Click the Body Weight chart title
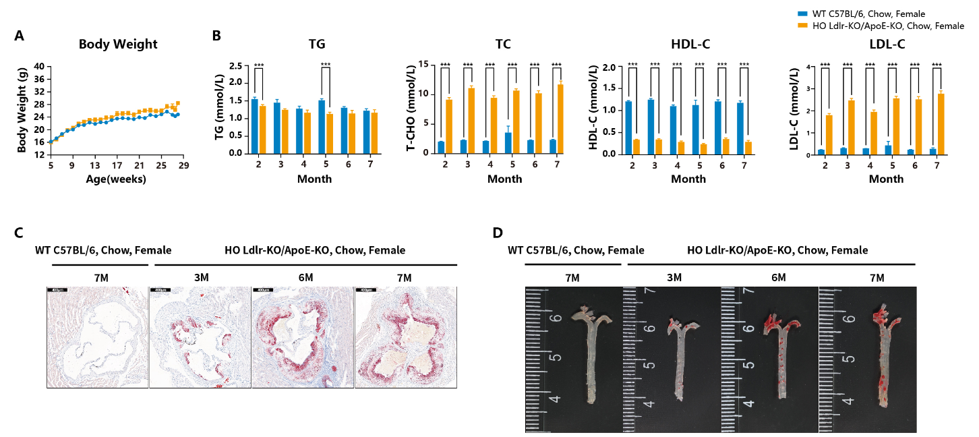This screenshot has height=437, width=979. (x=118, y=45)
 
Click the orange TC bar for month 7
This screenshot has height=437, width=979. (x=559, y=119)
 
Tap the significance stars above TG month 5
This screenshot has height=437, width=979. (x=326, y=65)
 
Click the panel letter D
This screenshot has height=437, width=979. (x=498, y=233)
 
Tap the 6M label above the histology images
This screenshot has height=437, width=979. (x=303, y=278)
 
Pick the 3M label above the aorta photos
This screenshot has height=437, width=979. (x=674, y=278)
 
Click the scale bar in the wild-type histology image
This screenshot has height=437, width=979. (x=57, y=291)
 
